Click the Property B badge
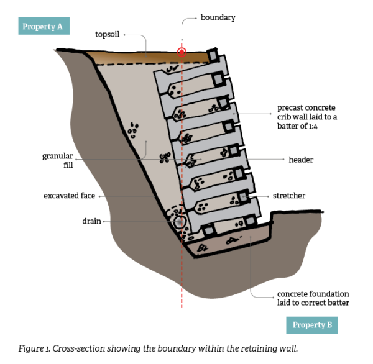(313, 324)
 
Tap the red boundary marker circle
(182, 52)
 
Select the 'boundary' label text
(218, 17)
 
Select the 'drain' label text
(91, 221)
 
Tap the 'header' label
(301, 160)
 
